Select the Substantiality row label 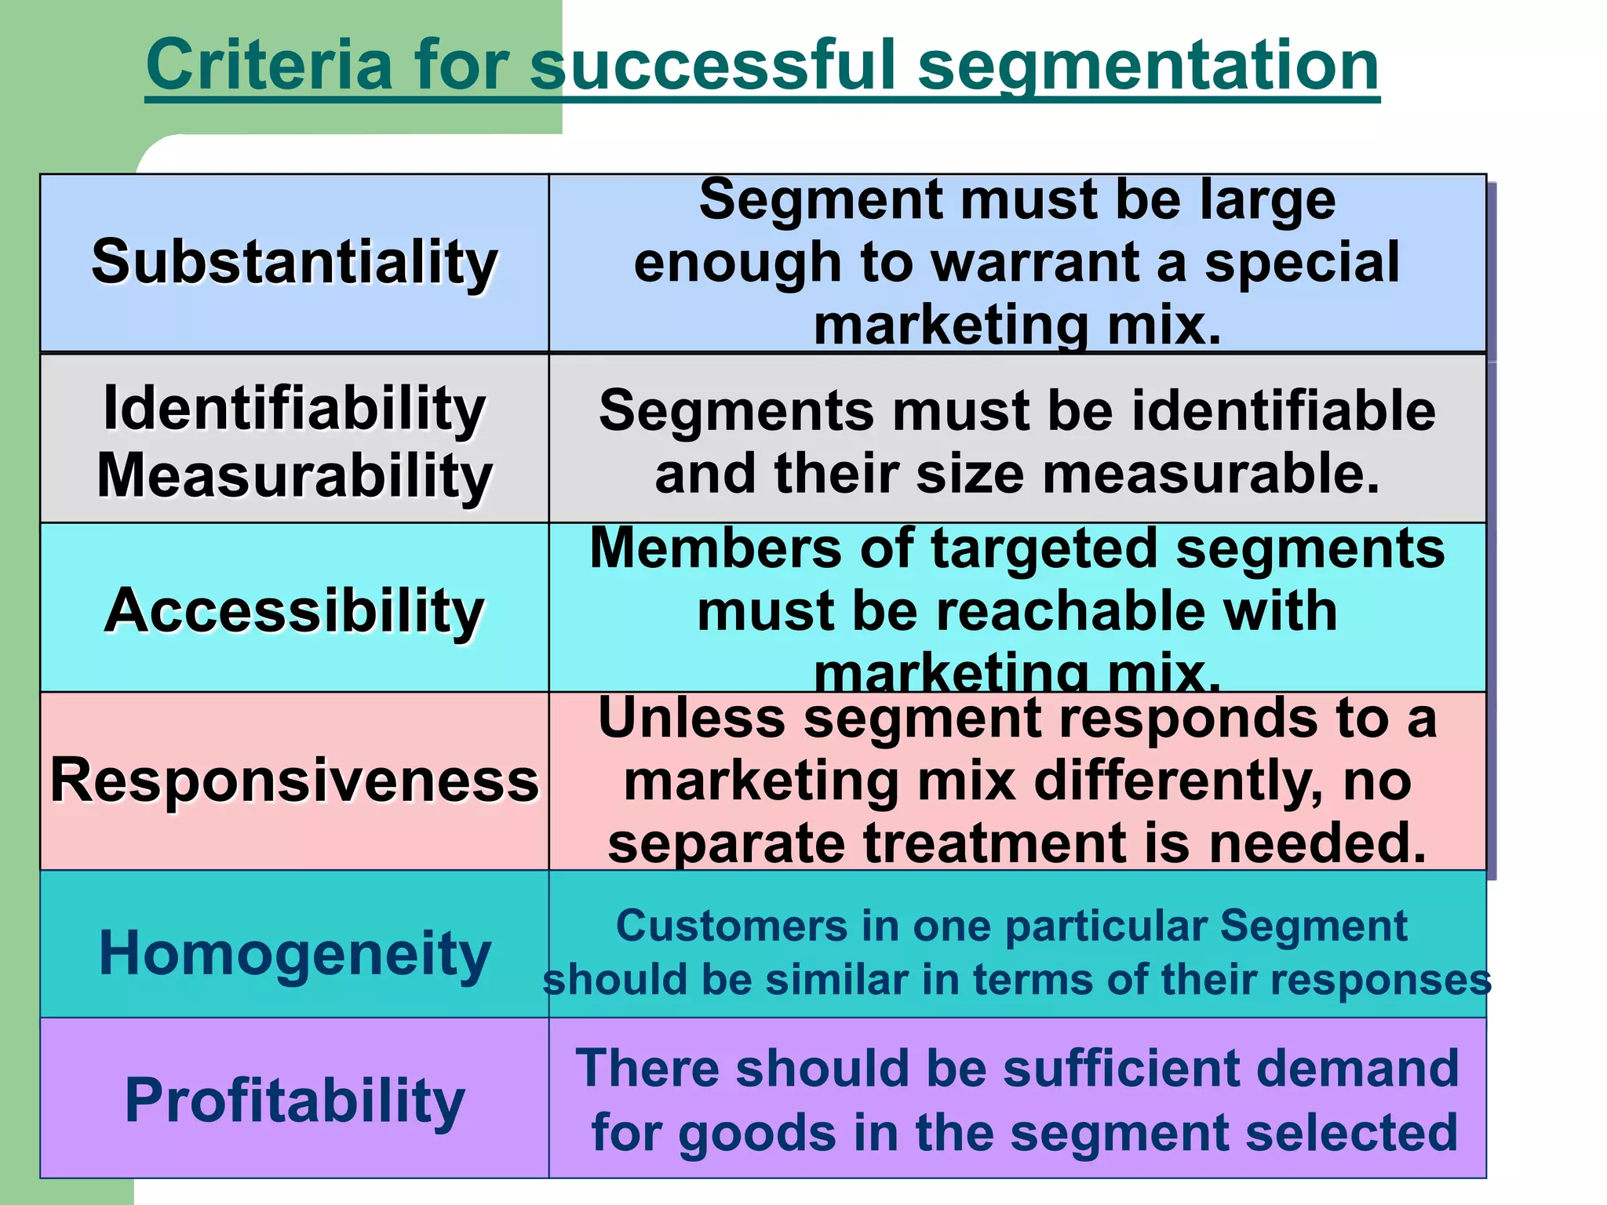[x=294, y=262]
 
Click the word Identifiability [x=294, y=408]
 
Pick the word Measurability [x=294, y=475]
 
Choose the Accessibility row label [x=294, y=610]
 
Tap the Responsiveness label [x=294, y=781]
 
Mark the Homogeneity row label [x=294, y=953]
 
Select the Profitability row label [x=294, y=1100]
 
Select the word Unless [x=691, y=718]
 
